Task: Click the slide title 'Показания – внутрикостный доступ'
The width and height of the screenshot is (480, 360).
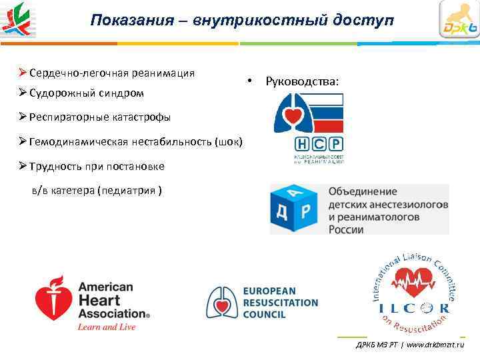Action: [242, 20]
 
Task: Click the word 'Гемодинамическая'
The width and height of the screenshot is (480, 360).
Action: [74, 141]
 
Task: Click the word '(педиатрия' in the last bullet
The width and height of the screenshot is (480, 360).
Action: [127, 190]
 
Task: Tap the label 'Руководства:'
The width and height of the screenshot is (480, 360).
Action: [301, 82]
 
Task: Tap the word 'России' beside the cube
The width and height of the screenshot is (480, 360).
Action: [346, 229]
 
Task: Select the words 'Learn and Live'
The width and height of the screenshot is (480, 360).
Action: [107, 327]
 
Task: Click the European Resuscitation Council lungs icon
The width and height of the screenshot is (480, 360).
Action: [222, 303]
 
